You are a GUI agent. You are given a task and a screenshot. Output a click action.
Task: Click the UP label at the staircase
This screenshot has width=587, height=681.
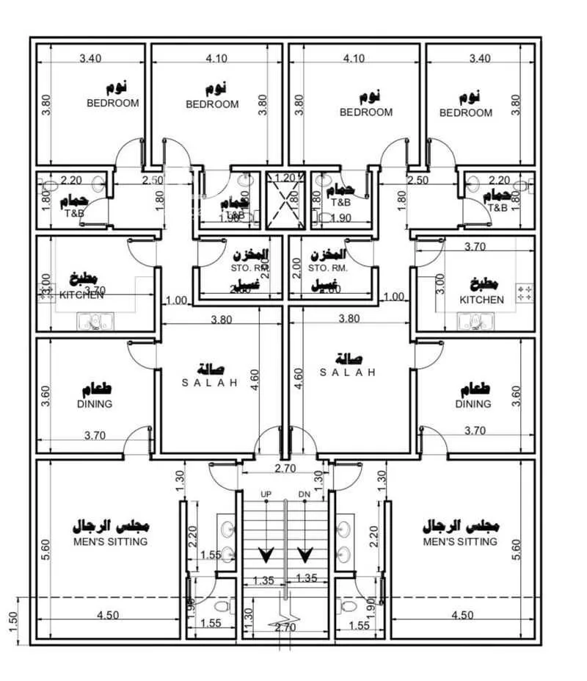coord(266,494)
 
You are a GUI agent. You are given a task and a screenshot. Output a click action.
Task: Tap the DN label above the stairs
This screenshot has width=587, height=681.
coord(305,494)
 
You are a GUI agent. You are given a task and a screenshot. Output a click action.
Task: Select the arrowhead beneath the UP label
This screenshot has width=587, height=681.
coord(265,553)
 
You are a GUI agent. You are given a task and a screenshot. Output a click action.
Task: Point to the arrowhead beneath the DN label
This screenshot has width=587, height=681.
coord(305,553)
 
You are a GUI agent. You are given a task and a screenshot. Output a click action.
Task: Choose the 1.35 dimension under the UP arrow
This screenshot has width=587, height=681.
coord(263,580)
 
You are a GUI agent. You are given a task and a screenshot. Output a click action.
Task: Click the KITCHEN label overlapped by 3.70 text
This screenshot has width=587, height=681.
coord(71,295)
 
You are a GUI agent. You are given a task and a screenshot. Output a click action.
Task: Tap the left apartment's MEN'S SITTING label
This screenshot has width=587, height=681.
coord(110,541)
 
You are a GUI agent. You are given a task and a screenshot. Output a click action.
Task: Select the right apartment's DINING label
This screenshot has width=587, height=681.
coord(473,404)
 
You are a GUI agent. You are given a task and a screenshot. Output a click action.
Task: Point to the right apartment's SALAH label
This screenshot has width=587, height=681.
coord(348,372)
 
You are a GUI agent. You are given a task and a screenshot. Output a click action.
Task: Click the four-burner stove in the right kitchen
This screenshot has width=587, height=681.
coord(525,293)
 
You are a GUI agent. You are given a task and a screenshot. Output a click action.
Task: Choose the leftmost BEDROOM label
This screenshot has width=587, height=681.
coord(112,104)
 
